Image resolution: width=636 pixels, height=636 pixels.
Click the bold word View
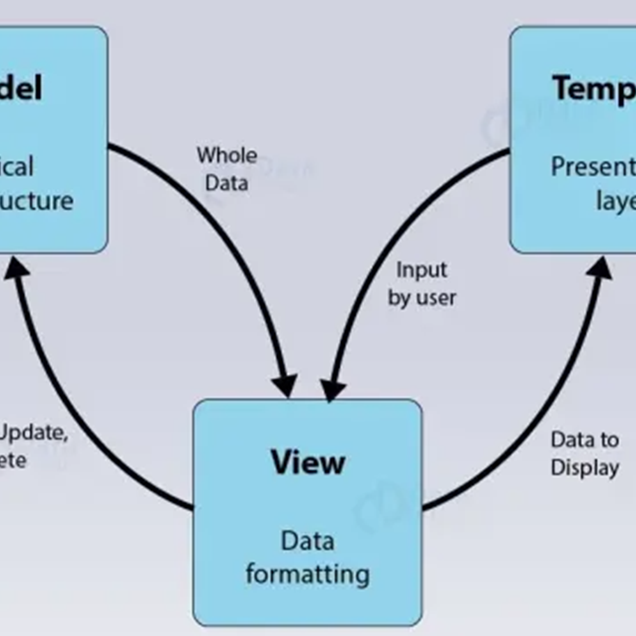pyautogui.click(x=307, y=462)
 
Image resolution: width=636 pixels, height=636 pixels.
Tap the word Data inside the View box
pyautogui.click(x=307, y=541)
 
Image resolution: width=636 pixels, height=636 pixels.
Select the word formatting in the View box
pyautogui.click(x=307, y=574)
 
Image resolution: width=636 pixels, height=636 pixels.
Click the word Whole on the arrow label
pyautogui.click(x=227, y=155)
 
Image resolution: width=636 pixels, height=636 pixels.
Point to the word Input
pyautogui.click(x=421, y=270)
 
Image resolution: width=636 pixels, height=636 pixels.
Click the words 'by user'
pyautogui.click(x=421, y=298)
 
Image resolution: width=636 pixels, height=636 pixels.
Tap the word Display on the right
pyautogui.click(x=584, y=468)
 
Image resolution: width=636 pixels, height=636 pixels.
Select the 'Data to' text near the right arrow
pyautogui.click(x=584, y=440)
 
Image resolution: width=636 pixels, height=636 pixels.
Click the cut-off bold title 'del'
pyautogui.click(x=21, y=87)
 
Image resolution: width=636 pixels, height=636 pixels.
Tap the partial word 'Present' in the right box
pyautogui.click(x=593, y=167)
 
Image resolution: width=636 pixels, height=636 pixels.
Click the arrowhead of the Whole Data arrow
pyautogui.click(x=284, y=385)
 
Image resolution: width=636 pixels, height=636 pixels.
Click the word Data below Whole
pyautogui.click(x=227, y=183)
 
